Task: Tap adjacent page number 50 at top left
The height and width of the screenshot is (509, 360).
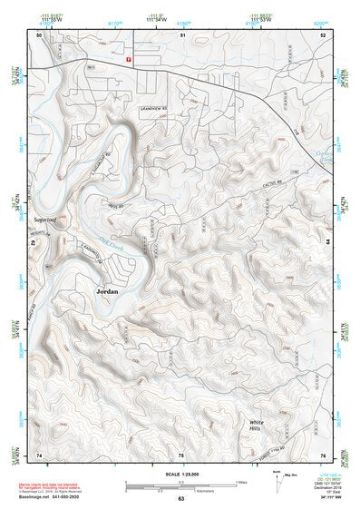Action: click(39, 34)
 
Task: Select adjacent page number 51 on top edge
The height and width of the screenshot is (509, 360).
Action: click(181, 34)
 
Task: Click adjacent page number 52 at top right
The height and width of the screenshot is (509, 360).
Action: click(323, 34)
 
